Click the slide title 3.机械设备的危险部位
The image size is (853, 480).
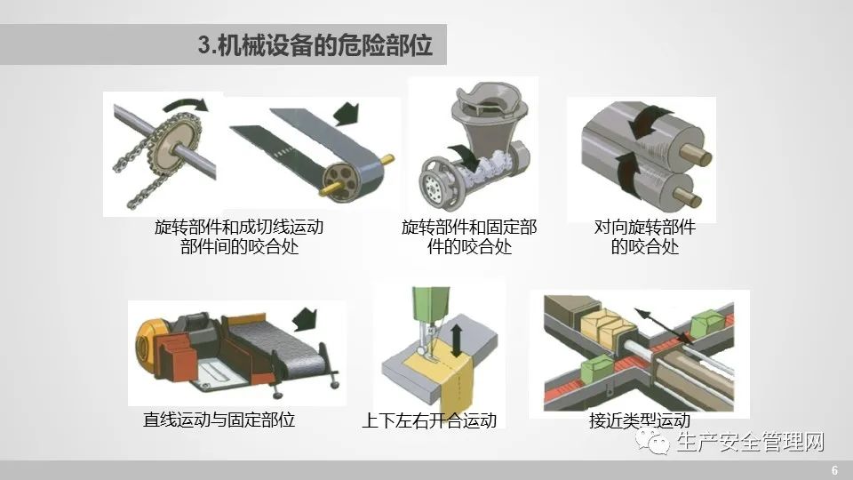[x=315, y=44]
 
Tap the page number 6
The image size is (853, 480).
[x=834, y=470]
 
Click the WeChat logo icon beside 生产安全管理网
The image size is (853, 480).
[x=652, y=441]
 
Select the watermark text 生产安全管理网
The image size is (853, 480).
[x=751, y=442]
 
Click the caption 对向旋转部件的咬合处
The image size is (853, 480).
[x=645, y=236]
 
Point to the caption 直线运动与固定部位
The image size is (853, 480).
[x=219, y=420]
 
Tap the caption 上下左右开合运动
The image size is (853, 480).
[x=429, y=420]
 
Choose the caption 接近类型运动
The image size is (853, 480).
[x=640, y=420]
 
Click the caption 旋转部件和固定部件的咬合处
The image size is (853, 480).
[x=469, y=236]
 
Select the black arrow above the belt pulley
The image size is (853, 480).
[x=346, y=114]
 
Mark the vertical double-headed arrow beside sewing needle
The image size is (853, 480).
[x=457, y=340]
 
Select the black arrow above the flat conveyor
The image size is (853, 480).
[x=305, y=319]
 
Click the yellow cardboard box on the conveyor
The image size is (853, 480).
[x=605, y=325]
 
